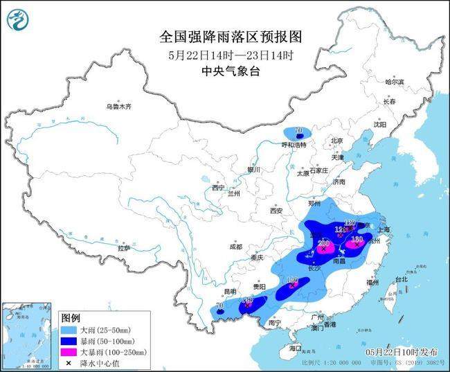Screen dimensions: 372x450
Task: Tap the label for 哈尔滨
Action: (x=394, y=82)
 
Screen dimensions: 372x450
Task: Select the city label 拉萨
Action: (x=124, y=247)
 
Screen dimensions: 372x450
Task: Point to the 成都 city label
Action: (x=235, y=247)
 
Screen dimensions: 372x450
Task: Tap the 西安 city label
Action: (x=277, y=210)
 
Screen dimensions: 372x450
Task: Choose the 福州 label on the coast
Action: (x=373, y=283)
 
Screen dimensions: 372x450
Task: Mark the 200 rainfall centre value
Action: (x=323, y=244)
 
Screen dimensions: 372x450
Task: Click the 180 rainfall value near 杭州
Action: (x=357, y=239)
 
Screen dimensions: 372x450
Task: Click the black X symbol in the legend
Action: (x=68, y=362)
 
